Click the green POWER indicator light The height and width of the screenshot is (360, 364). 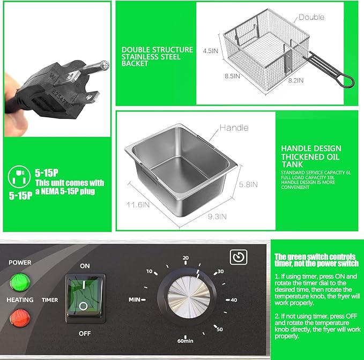coord(20,281)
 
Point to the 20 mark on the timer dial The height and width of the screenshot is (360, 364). coord(185,258)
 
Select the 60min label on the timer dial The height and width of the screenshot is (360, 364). coord(185,340)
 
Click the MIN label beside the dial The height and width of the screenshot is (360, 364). coord(136,298)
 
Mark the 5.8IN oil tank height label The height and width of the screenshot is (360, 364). coord(248,184)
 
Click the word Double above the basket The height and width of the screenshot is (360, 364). coord(311,17)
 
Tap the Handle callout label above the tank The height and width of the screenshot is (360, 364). coord(234,127)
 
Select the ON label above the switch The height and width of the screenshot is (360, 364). coord(85,266)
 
